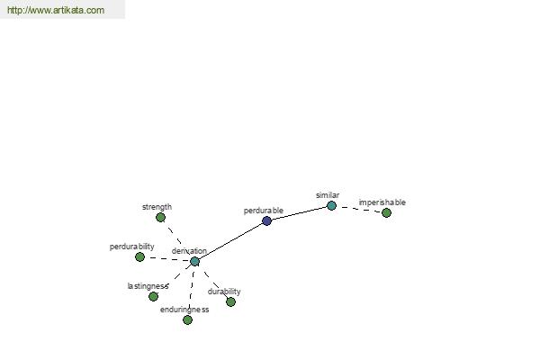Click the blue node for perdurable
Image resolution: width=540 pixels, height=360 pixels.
tap(266, 220)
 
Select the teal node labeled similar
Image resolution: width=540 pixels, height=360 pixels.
tap(331, 206)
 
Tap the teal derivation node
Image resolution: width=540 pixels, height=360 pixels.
tap(194, 262)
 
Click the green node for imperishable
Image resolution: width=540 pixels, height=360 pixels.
tap(386, 213)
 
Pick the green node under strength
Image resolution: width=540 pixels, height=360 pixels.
tap(160, 218)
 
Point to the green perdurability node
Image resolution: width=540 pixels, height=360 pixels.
tap(139, 256)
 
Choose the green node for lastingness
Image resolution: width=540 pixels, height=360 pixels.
tap(153, 296)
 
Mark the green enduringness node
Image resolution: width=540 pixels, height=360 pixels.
tap(187, 320)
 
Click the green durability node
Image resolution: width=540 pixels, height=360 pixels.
tap(230, 301)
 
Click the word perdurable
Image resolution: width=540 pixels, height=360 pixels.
tap(264, 211)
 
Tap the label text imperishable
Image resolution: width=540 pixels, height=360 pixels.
tap(382, 202)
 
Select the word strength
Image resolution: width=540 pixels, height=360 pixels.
tap(157, 207)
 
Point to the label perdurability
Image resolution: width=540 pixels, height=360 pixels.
tap(132, 247)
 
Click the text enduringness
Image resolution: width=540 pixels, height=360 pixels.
tap(184, 310)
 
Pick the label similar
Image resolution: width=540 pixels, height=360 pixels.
tap(328, 195)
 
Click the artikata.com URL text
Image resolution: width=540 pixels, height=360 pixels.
tap(56, 10)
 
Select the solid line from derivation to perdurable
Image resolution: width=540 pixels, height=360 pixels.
tap(230, 241)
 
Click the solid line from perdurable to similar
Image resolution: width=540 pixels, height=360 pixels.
tap(299, 213)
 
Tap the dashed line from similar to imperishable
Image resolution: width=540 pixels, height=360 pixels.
tap(359, 209)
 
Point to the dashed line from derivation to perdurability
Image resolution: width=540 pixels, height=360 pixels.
tap(167, 259)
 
